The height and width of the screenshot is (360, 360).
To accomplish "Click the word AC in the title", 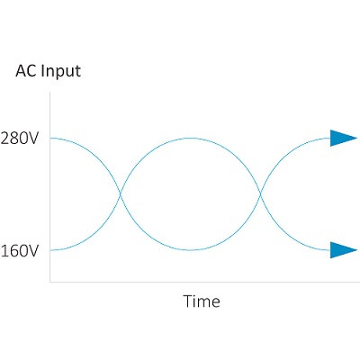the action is (x=26, y=71).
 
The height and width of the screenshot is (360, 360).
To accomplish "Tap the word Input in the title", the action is (x=61, y=72).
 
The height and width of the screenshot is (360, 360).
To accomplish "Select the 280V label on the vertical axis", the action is (x=20, y=139).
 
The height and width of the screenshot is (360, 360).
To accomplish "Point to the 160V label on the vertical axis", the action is (x=20, y=251).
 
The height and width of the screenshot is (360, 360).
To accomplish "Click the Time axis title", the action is (x=202, y=301).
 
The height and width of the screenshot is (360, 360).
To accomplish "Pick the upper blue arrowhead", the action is (x=344, y=138).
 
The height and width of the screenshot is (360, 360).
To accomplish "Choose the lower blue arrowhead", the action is (x=344, y=250).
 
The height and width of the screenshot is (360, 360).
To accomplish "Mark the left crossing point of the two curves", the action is (x=121, y=194).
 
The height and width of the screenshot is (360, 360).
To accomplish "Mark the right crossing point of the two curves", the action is (x=260, y=194).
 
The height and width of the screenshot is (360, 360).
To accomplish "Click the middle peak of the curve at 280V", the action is (x=190, y=138).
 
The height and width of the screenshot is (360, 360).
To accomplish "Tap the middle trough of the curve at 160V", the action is (x=190, y=250).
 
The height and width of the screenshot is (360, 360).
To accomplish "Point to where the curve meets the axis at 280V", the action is (x=50, y=138).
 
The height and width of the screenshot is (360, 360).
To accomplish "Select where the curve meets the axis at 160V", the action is (x=50, y=250).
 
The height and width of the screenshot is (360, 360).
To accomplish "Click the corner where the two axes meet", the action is (x=49, y=282).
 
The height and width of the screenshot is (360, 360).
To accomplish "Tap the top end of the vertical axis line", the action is (x=49, y=92).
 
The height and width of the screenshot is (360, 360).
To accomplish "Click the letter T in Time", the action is (x=188, y=301).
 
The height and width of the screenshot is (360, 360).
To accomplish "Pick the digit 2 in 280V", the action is (x=5, y=139).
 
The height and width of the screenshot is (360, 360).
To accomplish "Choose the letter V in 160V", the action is (x=33, y=251).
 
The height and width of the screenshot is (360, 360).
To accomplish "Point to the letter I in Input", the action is (x=42, y=71).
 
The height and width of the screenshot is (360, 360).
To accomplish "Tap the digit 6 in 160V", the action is (x=14, y=251).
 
